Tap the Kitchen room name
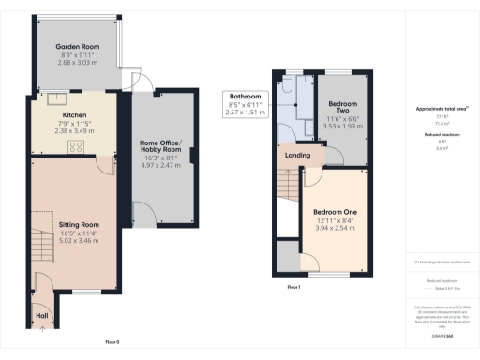tap(74, 115)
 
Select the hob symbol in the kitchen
tap(76, 145)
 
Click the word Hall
tap(42, 315)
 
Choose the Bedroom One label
tap(334, 212)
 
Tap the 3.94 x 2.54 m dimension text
tap(334, 228)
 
